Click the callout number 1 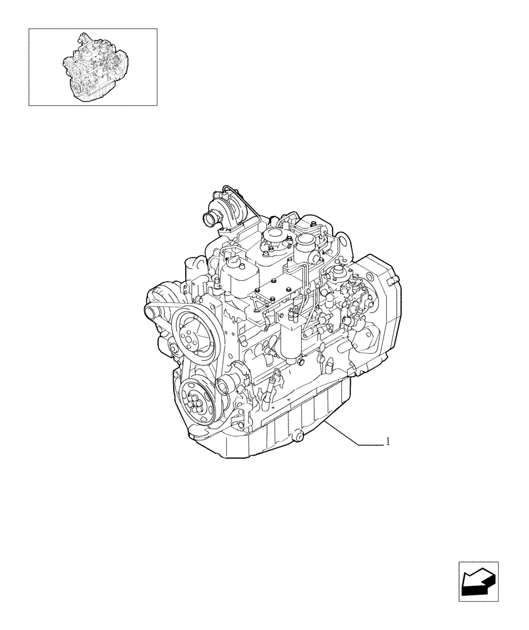[388, 442]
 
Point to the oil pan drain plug [297, 435]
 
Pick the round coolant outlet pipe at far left [152, 312]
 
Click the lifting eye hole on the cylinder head [343, 242]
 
